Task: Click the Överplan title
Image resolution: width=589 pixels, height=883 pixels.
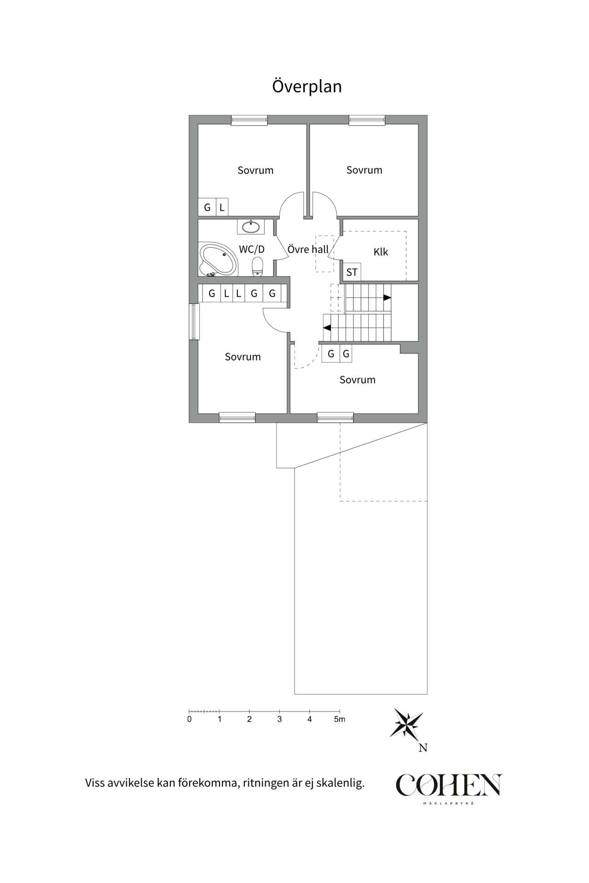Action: click(307, 86)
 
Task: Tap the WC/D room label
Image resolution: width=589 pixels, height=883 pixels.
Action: click(252, 249)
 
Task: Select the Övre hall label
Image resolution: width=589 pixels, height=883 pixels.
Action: click(308, 249)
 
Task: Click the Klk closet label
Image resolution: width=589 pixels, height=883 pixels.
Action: click(381, 252)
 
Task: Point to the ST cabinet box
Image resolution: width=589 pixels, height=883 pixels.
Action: click(352, 272)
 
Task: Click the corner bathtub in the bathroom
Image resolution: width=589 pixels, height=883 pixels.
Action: click(219, 260)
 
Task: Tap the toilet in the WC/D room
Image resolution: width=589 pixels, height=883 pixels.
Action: click(257, 267)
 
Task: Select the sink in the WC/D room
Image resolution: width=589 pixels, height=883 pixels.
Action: click(251, 226)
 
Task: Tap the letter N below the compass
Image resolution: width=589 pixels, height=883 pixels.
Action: click(423, 748)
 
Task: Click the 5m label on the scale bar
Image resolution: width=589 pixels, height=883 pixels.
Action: click(340, 719)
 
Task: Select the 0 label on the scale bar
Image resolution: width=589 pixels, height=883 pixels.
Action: click(190, 719)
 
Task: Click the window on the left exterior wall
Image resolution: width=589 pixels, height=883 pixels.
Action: click(194, 321)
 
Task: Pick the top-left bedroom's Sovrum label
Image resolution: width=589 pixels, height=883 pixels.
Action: click(255, 170)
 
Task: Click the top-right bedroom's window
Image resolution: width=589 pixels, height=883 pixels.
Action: click(367, 120)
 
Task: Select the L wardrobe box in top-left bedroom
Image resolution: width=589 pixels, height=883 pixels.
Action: click(222, 207)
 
